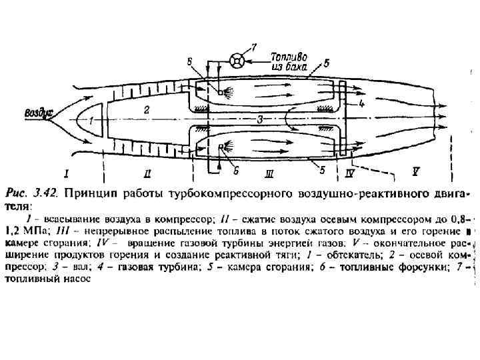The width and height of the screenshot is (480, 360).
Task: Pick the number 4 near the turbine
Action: point(361,104)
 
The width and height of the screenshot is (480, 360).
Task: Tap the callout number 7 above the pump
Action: point(253,47)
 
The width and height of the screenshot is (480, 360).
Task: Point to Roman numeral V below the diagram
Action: point(415,171)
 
